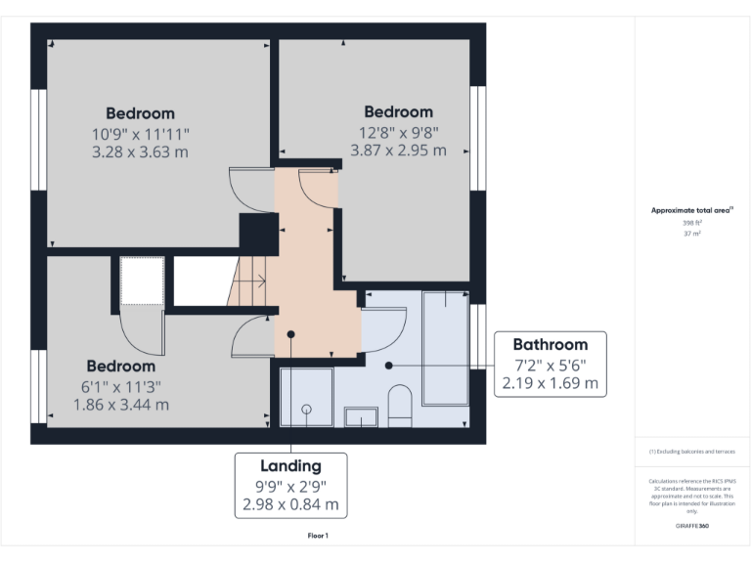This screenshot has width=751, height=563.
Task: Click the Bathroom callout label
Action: point(551,344)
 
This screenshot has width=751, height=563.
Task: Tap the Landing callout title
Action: point(289,465)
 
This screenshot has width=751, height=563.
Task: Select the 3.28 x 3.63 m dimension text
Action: point(140,152)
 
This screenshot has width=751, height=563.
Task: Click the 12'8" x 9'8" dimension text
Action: point(398,131)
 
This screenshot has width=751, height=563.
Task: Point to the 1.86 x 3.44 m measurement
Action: point(120,404)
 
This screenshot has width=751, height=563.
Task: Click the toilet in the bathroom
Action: point(399,405)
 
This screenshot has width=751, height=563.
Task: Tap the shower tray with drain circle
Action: point(306,397)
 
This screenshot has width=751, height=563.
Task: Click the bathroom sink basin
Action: point(361,417)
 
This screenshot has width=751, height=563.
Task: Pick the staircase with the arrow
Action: point(247,281)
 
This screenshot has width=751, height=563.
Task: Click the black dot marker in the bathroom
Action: point(388,366)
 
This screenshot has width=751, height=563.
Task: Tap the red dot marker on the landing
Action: point(290,333)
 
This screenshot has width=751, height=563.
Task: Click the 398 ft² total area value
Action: point(692,223)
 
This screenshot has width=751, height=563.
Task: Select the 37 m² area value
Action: point(692,235)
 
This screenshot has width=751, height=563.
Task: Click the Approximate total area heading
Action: point(691,210)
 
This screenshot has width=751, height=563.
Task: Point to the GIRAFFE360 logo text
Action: point(691,527)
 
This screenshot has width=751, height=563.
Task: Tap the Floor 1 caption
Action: point(318,536)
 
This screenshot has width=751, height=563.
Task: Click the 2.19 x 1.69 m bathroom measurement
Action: point(551,383)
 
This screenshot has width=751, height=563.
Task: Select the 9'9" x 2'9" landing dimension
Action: point(289,486)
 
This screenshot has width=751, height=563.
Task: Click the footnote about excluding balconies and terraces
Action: point(691,452)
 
